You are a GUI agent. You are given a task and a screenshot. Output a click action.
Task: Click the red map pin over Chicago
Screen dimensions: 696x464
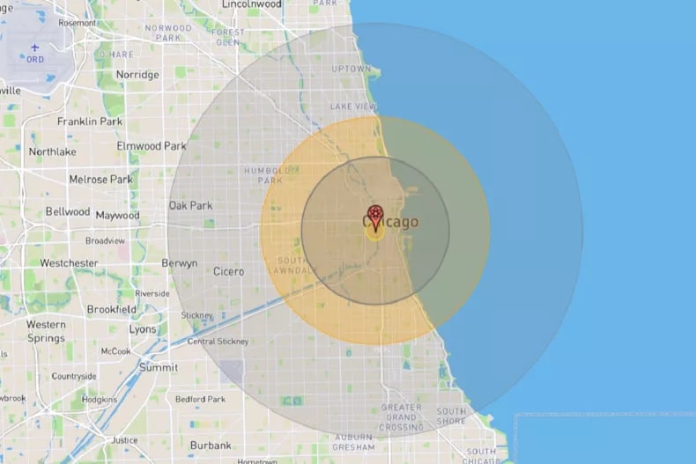[x=376, y=216]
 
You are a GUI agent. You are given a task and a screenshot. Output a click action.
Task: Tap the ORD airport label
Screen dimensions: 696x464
[x=35, y=60]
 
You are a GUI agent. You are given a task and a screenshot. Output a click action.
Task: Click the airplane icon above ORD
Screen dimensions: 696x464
[x=35, y=48]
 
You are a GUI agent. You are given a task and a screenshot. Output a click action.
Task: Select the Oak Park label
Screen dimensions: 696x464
[x=190, y=205]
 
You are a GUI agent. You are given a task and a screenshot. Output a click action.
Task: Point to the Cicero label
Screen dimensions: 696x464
[x=228, y=271]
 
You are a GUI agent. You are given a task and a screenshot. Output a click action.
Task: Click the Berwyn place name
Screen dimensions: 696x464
[x=179, y=263]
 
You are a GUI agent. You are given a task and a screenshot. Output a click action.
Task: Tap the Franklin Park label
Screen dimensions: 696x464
[x=89, y=122]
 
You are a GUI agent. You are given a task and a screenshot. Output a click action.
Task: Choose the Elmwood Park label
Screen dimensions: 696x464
[x=152, y=145]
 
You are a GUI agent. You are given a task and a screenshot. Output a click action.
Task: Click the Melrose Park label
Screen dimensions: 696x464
[x=100, y=180]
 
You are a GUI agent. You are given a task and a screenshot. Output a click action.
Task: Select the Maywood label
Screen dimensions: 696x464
[x=118, y=215]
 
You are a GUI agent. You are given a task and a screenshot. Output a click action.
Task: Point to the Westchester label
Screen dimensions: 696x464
[x=69, y=262]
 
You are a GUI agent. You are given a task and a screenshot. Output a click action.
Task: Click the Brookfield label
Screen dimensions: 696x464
[x=111, y=309]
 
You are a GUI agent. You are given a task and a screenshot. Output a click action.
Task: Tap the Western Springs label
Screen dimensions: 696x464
[x=46, y=331]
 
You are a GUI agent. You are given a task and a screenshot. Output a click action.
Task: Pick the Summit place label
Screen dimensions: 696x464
[x=158, y=367]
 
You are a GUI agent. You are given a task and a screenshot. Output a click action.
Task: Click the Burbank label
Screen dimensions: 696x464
[x=211, y=445]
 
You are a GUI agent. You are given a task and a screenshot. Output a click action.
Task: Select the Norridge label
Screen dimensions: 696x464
[x=137, y=75]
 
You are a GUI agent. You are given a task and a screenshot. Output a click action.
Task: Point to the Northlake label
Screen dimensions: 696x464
[x=52, y=151]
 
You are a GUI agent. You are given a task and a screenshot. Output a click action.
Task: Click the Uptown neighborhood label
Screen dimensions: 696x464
[x=351, y=69]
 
